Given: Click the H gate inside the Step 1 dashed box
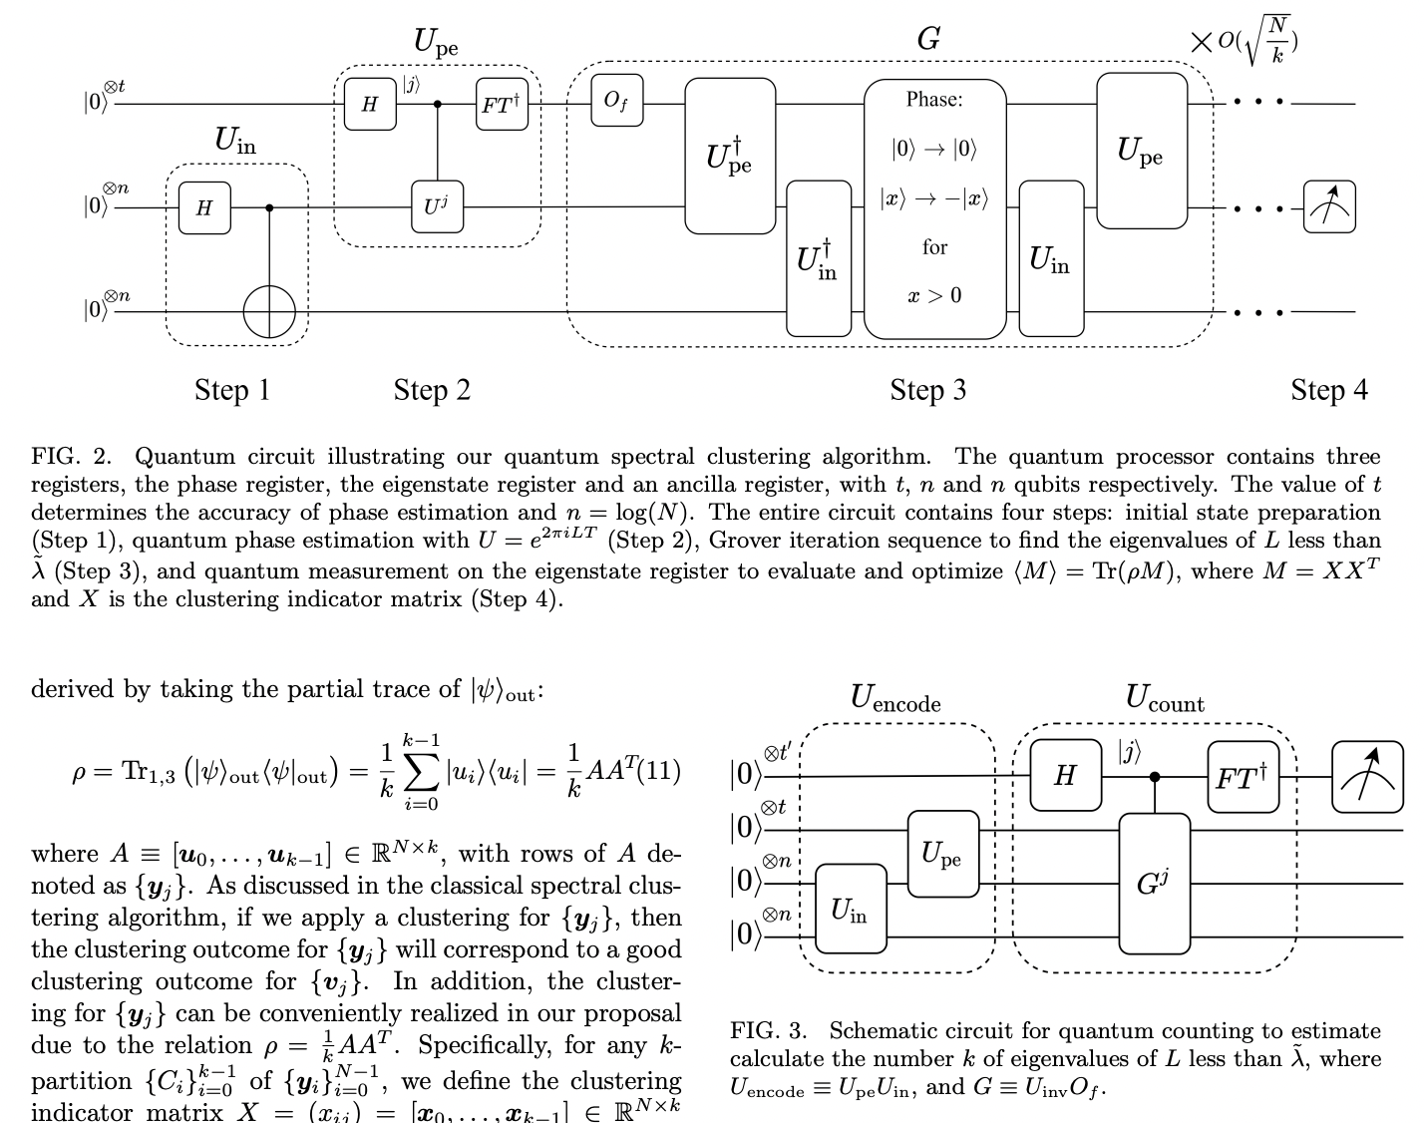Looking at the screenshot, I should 204,207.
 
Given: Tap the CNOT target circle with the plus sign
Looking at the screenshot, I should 270,311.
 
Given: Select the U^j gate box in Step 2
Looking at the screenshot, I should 437,207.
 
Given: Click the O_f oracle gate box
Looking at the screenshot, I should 616,103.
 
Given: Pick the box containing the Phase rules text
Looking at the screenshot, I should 934,208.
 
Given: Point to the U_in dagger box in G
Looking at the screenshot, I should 819,258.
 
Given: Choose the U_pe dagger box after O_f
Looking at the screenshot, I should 730,156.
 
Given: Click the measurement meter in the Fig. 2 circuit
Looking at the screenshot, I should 1329,207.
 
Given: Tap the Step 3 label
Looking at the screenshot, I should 927,390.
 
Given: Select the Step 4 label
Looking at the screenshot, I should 1328,390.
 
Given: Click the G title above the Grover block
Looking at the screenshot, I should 927,39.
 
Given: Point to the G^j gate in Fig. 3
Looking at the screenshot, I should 1154,884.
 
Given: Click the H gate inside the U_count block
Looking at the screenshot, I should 1064,776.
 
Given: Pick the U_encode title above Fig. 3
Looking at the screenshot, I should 894,698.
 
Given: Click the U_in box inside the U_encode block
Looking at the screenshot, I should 850,911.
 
